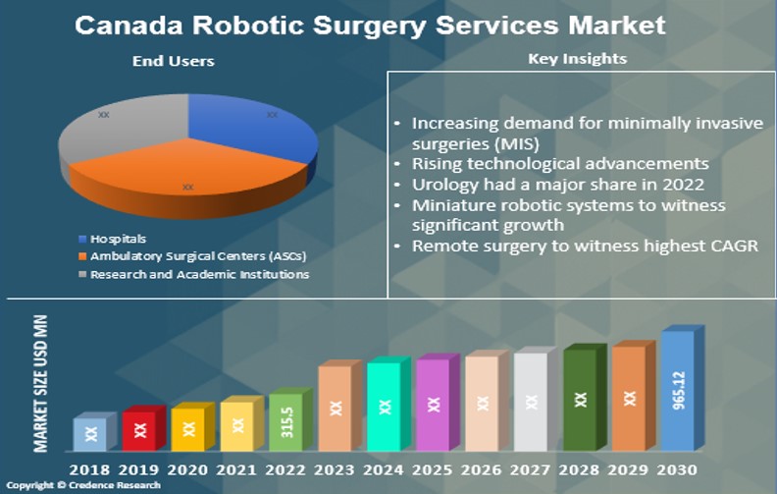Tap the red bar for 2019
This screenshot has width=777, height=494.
click(139, 429)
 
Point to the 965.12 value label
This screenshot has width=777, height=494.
click(680, 389)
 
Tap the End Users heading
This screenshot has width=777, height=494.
click(173, 61)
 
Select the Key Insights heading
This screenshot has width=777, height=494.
click(577, 59)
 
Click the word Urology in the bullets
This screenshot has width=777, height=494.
click(441, 184)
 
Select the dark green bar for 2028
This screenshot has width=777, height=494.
click(581, 399)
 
